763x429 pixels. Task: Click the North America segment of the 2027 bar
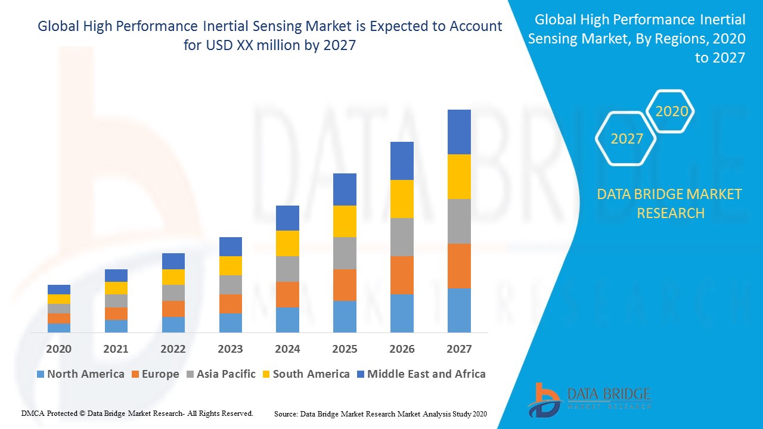[x=459, y=310]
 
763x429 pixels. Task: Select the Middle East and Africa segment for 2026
[x=402, y=161]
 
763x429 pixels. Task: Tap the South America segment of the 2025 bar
[x=345, y=221]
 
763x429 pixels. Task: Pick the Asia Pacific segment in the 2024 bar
[x=287, y=269]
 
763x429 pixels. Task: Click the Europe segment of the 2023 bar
[x=231, y=303]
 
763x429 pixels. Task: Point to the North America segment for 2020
[x=59, y=327]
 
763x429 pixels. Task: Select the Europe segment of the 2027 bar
[x=459, y=266]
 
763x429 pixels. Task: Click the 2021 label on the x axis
[x=116, y=349]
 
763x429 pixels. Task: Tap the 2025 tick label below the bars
[x=345, y=349]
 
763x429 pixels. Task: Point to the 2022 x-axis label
[x=173, y=349]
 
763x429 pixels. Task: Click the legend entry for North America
[x=80, y=374]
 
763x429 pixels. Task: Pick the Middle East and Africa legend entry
[x=421, y=374]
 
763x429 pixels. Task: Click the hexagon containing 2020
[x=671, y=111]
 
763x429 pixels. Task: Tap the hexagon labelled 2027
[x=626, y=139]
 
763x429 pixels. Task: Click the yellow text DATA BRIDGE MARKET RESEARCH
[x=670, y=203]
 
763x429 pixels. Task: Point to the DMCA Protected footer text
[x=137, y=413]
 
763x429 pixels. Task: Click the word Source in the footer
[x=286, y=414]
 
